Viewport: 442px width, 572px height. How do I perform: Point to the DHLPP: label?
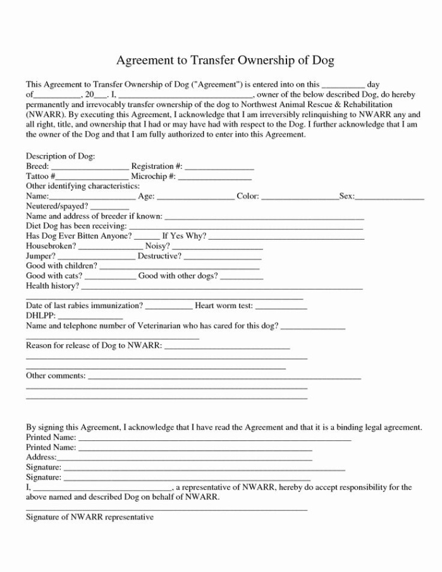click(x=41, y=315)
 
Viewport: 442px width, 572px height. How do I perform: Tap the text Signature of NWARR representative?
click(x=90, y=517)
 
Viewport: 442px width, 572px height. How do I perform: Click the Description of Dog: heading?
click(x=60, y=156)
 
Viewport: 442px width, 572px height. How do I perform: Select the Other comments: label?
click(x=56, y=376)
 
